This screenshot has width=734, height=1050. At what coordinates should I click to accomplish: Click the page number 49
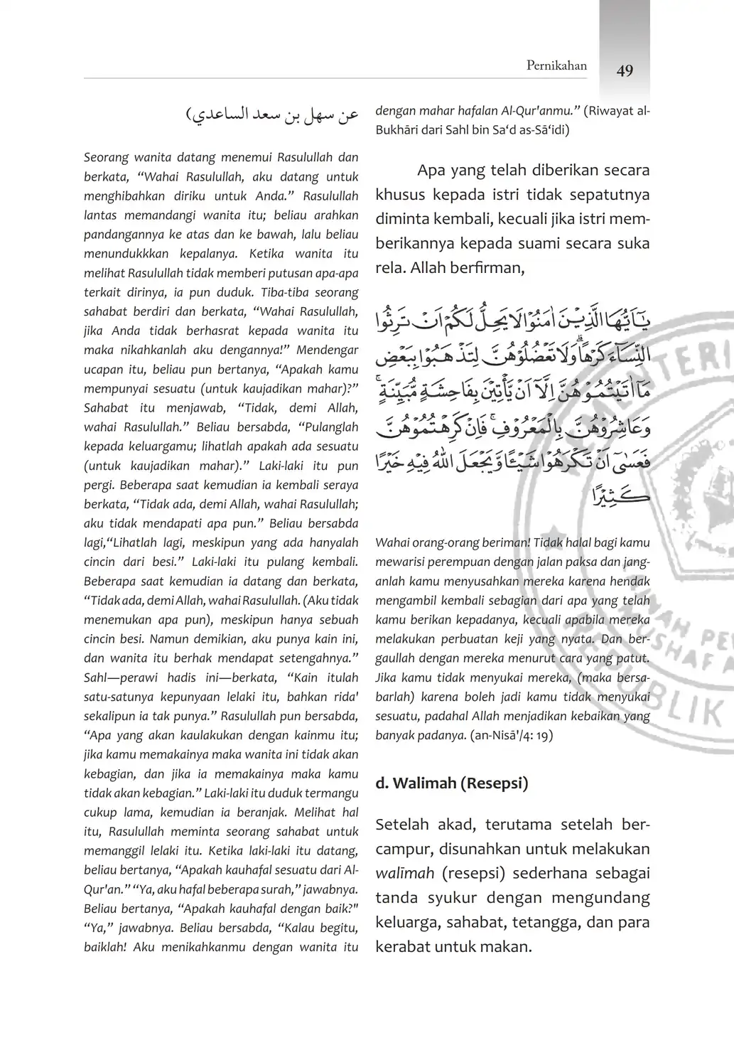click(x=625, y=70)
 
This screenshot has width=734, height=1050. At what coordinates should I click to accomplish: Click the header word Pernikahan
click(x=556, y=66)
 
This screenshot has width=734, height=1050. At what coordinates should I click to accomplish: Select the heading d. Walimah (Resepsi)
click(x=451, y=784)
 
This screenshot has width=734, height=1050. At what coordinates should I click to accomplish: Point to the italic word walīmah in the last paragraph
click(x=404, y=874)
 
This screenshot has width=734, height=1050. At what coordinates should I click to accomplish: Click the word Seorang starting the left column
click(x=106, y=158)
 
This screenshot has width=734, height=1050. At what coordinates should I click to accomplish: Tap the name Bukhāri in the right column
click(x=401, y=131)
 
